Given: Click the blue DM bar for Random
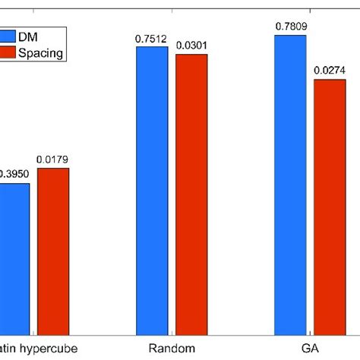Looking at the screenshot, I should (152, 190).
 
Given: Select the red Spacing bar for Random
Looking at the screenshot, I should (191, 194).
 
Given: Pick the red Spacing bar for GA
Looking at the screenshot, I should (329, 206).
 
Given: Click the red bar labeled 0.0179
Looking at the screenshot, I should (52, 251).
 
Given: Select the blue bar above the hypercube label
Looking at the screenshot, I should (14, 258).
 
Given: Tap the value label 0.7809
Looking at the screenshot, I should (290, 28).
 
